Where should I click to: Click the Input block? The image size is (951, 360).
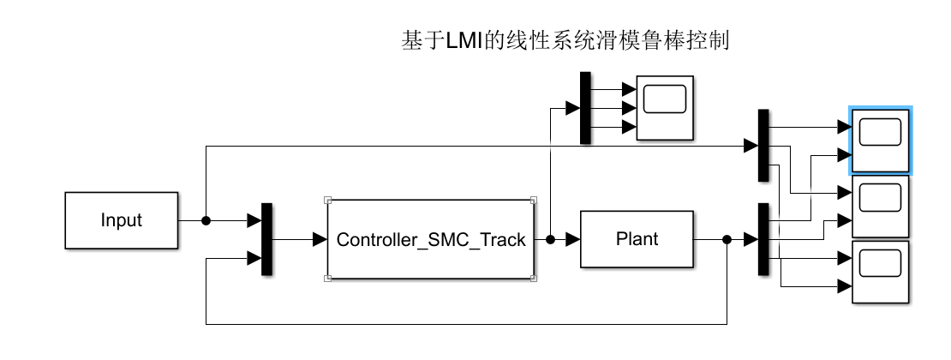121,220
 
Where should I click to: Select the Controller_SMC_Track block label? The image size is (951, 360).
431,240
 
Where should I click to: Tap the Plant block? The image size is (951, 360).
637,239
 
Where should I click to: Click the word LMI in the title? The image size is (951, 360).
464,40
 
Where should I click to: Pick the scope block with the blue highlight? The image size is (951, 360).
881,141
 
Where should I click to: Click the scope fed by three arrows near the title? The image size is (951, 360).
665,107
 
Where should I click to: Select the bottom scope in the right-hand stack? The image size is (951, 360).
881,272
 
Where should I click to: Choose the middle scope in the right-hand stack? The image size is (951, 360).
881,207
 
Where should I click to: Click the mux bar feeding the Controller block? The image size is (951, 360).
266,239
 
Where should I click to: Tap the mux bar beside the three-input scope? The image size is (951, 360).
585,107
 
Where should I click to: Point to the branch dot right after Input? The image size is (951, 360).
206,220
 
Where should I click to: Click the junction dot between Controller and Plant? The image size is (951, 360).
549,239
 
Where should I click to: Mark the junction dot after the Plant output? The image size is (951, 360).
727,239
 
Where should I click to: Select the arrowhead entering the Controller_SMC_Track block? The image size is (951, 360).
320,239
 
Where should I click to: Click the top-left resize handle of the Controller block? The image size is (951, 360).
327,201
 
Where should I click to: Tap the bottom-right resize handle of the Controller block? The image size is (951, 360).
534,278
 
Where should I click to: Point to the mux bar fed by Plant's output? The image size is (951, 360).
763,239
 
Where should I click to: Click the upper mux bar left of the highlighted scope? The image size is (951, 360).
763,145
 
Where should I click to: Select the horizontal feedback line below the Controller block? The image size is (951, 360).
463,324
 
